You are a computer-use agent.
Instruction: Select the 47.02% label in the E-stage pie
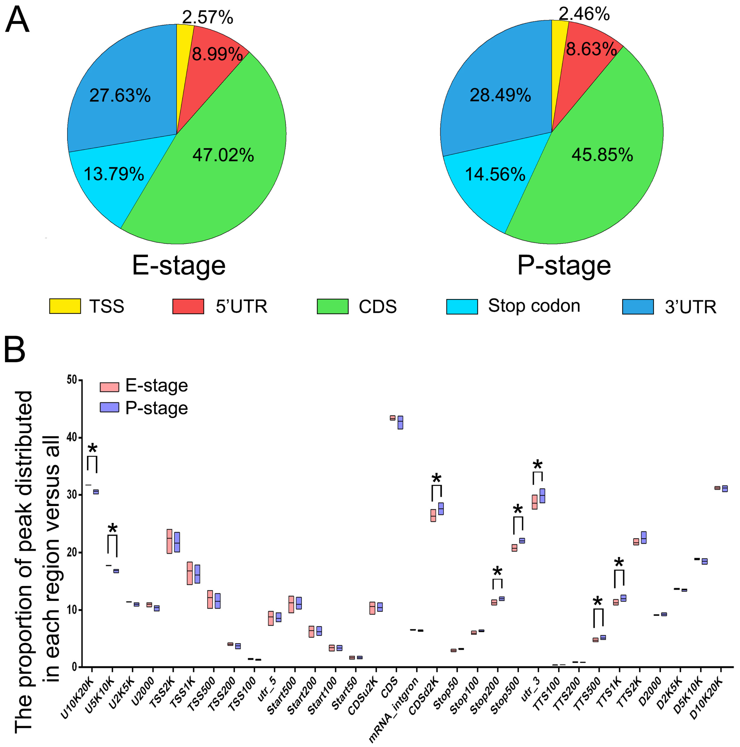point(223,155)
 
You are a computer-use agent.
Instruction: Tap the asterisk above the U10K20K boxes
point(92,449)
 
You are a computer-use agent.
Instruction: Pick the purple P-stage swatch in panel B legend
point(109,407)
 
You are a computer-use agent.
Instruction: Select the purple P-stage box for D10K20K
point(725,489)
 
